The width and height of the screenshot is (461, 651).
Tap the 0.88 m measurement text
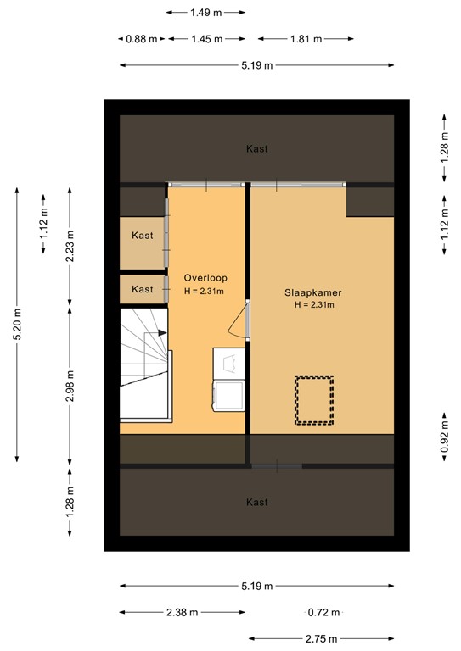coord(141,39)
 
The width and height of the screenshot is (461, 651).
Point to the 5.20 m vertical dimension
coord(17,324)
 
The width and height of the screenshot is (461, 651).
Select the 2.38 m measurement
coord(182,613)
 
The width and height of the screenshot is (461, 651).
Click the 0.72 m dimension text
coord(323,613)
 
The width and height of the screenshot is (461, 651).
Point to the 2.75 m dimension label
coord(321,639)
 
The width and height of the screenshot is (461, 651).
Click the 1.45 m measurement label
coord(207,39)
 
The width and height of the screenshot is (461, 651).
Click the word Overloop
coord(205,278)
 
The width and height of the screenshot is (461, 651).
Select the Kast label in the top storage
coord(257,149)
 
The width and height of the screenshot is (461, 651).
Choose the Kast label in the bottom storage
coord(257,503)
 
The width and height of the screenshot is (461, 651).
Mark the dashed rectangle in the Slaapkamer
coord(314,399)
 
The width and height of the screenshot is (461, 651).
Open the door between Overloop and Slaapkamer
coord(247,320)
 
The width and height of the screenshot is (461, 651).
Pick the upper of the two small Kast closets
coord(142,235)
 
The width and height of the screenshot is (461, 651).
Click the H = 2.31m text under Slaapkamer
coord(313,305)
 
